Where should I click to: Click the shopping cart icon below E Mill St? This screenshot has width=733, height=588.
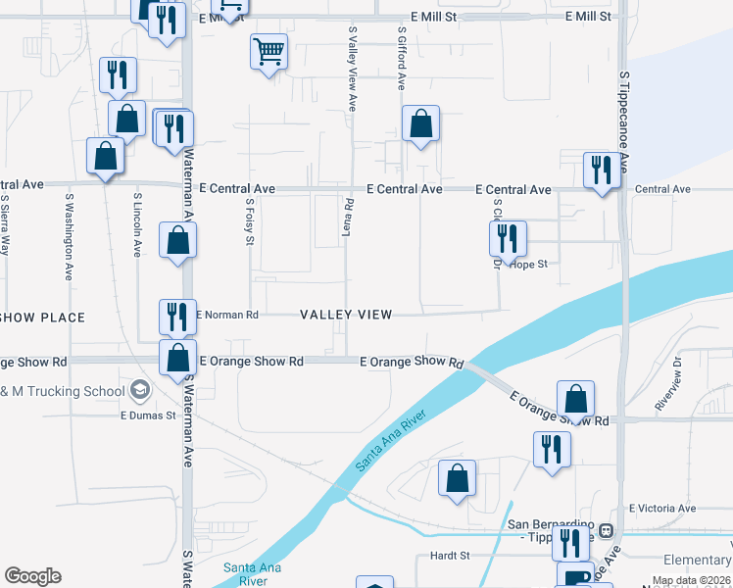pyautogui.click(x=269, y=50)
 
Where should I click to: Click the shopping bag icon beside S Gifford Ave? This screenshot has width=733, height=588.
pyautogui.click(x=420, y=124)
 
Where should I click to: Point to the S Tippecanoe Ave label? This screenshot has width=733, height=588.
pyautogui.click(x=623, y=108)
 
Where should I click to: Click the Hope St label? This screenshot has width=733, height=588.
pyautogui.click(x=528, y=265)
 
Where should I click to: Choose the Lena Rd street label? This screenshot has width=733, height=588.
pyautogui.click(x=348, y=216)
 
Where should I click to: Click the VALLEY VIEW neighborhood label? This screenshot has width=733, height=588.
pyautogui.click(x=346, y=315)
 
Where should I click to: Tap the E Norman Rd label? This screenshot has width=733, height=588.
pyautogui.click(x=226, y=316)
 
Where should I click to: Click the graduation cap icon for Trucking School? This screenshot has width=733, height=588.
pyautogui.click(x=140, y=391)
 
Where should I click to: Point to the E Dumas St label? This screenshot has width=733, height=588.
pyautogui.click(x=147, y=416)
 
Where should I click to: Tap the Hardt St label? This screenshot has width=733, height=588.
pyautogui.click(x=451, y=556)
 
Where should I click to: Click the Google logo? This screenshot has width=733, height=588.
pyautogui.click(x=32, y=576)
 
